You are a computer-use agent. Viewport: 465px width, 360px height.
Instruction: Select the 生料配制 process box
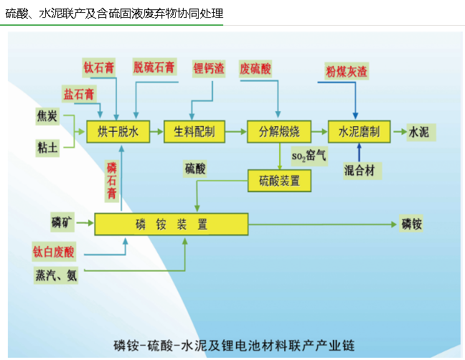194,132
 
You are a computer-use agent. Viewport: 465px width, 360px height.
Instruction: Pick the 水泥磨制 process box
358,132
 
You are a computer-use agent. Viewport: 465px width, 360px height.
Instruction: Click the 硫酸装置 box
279,181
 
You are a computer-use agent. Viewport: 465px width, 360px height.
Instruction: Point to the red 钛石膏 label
98,68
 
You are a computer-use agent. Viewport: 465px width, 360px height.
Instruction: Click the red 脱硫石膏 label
154,68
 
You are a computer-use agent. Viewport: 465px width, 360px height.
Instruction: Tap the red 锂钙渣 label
209,69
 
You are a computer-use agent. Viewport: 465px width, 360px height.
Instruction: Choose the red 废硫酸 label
255,69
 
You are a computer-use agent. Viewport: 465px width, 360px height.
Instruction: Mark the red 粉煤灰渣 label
347,71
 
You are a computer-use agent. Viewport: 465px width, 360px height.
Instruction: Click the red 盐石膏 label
78,94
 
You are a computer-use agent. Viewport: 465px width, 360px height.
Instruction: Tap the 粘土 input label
48,148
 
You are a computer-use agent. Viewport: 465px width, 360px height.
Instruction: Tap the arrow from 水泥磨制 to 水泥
397,132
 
